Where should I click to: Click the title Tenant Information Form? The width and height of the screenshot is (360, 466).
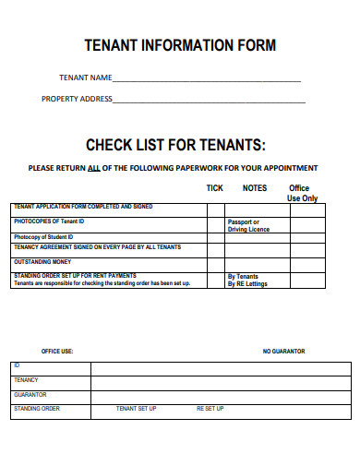coord(180,44)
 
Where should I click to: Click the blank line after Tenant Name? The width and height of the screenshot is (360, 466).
coord(207,80)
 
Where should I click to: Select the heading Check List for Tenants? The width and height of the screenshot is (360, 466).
coord(175,145)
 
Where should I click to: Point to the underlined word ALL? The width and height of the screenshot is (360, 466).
coord(93,168)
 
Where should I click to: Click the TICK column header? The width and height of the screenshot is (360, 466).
coord(214,188)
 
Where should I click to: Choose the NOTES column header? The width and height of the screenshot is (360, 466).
coord(255,188)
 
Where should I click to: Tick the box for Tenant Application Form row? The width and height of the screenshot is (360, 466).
coord(216,209)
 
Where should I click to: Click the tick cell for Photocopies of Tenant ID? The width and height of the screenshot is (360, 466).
coord(216,224)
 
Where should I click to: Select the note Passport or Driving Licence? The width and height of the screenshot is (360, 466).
coord(248,225)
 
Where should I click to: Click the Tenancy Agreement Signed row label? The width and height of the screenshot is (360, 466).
coord(97,247)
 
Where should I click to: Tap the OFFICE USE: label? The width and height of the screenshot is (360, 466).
coord(57,352)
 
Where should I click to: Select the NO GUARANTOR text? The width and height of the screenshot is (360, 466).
coord(283,352)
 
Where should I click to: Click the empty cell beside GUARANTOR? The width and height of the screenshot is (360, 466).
coord(221,395)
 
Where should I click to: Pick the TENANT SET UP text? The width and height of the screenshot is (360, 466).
coord(136,408)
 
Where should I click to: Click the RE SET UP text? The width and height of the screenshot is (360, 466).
coord(210,408)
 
